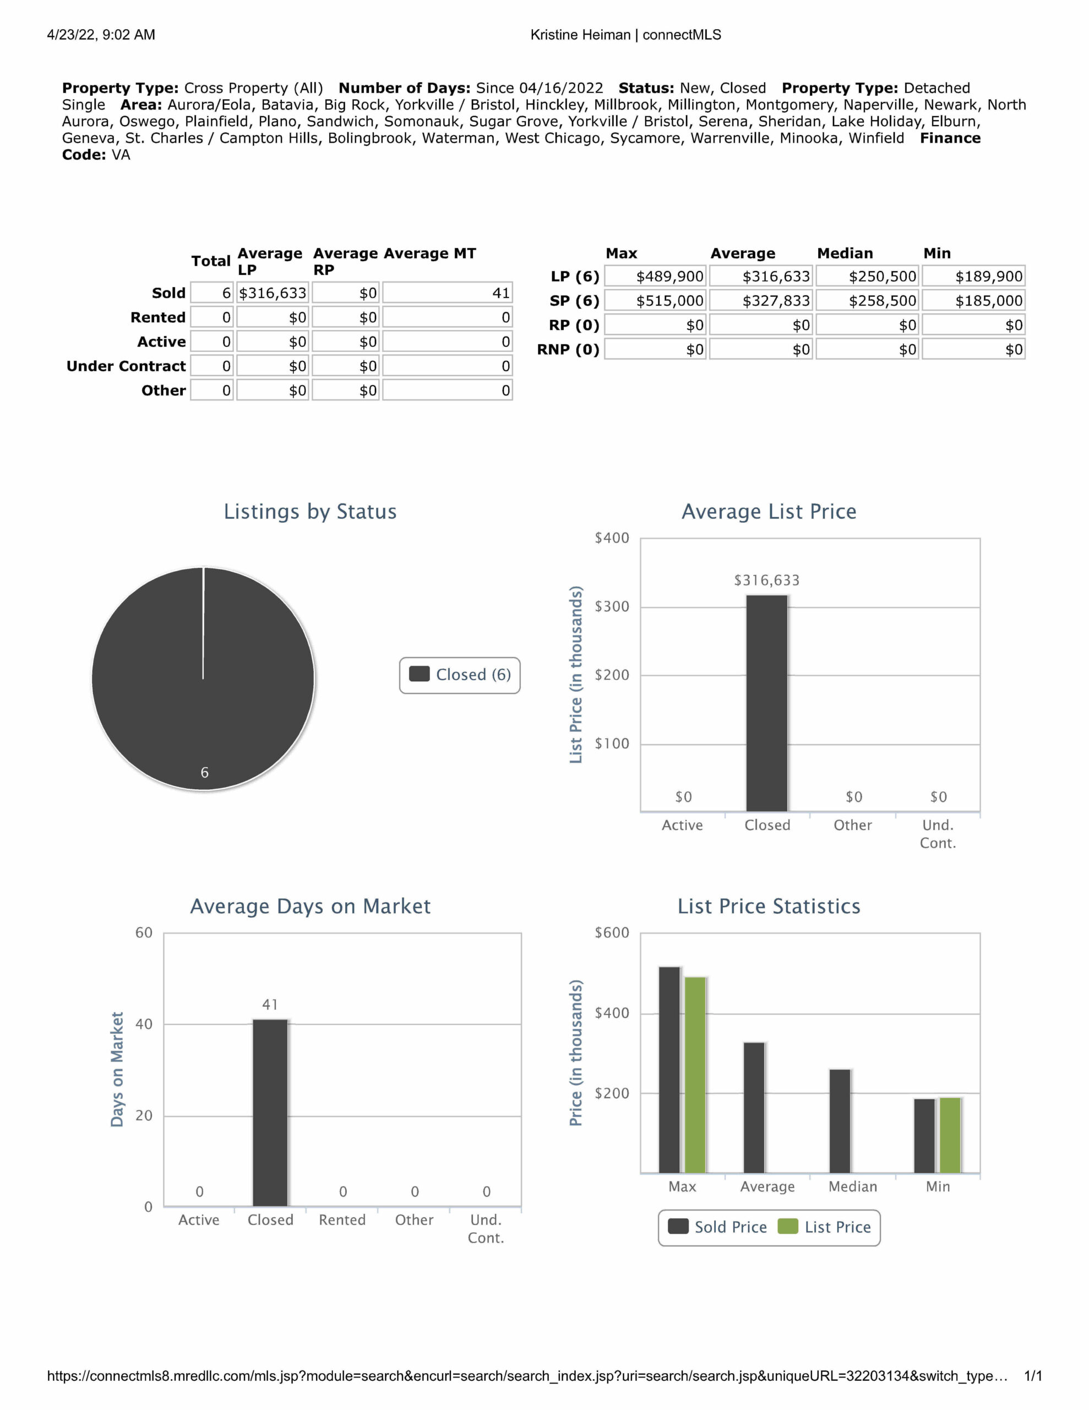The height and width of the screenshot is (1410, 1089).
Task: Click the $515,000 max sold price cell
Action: (656, 301)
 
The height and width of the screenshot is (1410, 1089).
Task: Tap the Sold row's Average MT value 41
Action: (448, 293)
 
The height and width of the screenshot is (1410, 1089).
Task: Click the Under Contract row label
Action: (126, 366)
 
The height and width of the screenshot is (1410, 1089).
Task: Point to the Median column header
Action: (845, 253)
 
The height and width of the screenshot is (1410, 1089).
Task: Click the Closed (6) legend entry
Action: (460, 675)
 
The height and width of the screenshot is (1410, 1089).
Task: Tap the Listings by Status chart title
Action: (310, 511)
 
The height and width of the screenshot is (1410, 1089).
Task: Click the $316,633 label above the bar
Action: (766, 581)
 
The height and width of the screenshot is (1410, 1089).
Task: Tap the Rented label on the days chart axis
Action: (342, 1219)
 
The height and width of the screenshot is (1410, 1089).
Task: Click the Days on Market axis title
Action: (117, 1069)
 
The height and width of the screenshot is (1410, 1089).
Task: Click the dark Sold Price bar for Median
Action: (840, 1121)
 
